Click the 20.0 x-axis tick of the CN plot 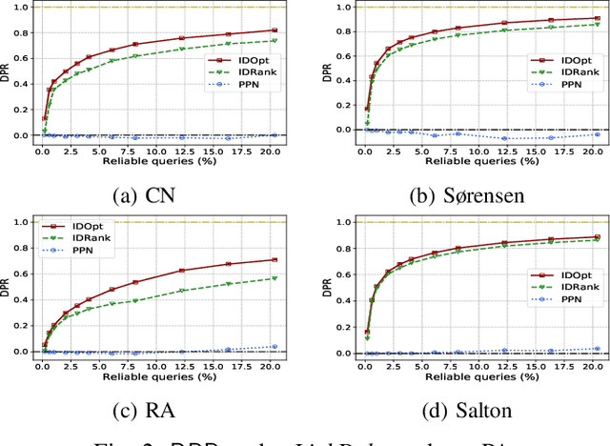point(274,151)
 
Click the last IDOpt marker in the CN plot point(274,30)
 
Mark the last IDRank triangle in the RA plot point(274,278)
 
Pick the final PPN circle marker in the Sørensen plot point(598,134)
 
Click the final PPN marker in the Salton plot point(598,349)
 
